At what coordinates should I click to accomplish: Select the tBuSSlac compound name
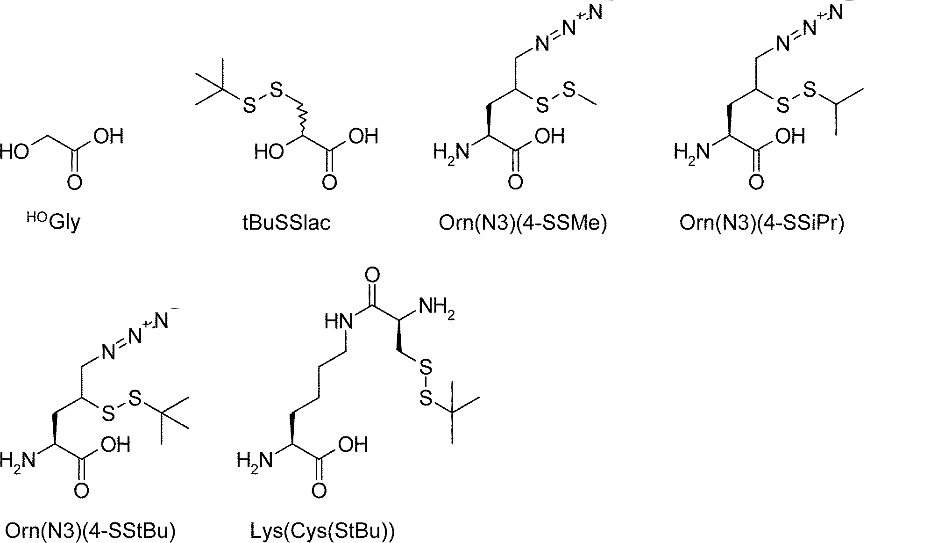point(286,222)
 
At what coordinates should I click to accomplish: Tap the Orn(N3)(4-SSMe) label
point(523,223)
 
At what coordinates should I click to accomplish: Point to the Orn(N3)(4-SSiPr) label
point(762,223)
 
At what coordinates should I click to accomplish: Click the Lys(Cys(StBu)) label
point(322,531)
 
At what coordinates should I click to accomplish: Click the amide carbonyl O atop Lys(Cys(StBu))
point(372,275)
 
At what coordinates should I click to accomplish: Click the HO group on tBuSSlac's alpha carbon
point(270,152)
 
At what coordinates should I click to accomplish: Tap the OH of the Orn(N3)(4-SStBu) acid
point(115,445)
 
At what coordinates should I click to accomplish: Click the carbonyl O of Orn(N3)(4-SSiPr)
point(756,182)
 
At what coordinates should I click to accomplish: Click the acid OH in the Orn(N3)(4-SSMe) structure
point(550,136)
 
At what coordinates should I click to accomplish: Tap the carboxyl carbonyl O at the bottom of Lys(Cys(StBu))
point(319,491)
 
